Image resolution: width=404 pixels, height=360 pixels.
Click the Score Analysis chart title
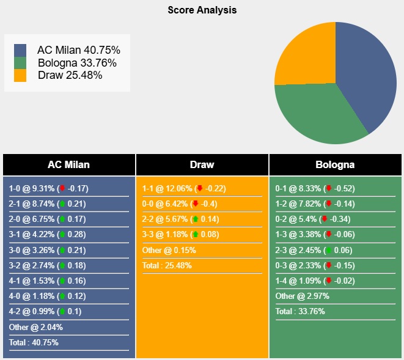click(202, 10)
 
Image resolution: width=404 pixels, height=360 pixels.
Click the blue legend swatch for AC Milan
click(20, 51)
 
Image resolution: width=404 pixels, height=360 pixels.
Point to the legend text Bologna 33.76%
click(77, 63)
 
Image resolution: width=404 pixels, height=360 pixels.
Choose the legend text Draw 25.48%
click(70, 75)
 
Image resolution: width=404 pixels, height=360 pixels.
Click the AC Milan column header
click(68, 165)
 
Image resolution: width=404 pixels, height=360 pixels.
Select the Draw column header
click(202, 165)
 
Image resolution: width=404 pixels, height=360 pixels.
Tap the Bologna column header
click(335, 165)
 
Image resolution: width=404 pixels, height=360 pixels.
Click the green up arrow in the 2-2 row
click(195, 219)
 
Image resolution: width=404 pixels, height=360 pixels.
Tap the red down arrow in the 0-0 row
click(195, 204)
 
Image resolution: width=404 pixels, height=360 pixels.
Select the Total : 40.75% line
click(34, 342)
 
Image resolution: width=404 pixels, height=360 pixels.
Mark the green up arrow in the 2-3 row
click(328, 249)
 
